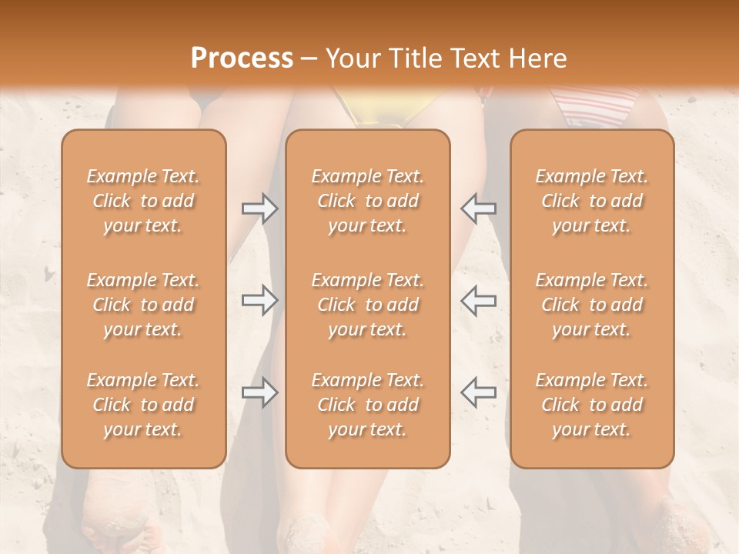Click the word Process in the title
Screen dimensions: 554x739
(x=242, y=58)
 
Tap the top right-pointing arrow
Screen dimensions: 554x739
(x=259, y=208)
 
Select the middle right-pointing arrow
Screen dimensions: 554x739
(x=259, y=300)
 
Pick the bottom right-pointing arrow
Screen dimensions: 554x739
(x=259, y=392)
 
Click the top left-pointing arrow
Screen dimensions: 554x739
(x=478, y=208)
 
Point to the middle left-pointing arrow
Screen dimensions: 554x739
(x=478, y=300)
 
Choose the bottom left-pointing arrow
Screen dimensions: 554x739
(x=478, y=392)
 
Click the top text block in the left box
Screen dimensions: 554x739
(x=143, y=201)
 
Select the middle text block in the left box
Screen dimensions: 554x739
(x=143, y=305)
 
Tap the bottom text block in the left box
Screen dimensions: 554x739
(x=143, y=405)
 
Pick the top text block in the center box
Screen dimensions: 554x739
(x=367, y=201)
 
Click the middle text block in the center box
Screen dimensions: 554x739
(x=367, y=305)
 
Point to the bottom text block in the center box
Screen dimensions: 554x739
(x=367, y=405)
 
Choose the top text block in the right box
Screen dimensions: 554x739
(x=591, y=201)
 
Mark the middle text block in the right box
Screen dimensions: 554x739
(x=591, y=305)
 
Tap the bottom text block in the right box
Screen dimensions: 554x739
(x=591, y=405)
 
